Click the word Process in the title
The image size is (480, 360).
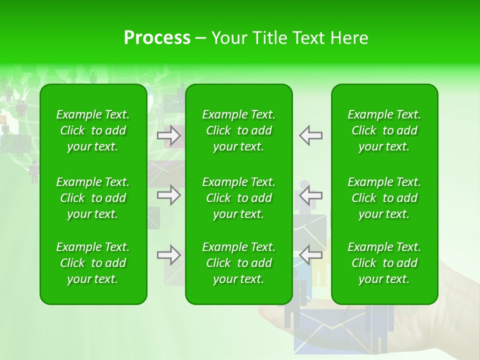157,38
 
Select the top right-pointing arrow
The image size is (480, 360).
169,135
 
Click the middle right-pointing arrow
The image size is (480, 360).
169,194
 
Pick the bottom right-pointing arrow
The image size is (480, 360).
169,255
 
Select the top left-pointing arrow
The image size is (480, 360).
311,135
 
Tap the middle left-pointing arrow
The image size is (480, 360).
311,194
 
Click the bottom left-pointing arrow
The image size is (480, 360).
311,255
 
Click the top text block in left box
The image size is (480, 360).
93,130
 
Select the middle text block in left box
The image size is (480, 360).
93,198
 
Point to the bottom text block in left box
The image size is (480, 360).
93,263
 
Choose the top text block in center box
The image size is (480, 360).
239,130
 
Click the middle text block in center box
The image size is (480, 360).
239,198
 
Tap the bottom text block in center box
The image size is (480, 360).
239,263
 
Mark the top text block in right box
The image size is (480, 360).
384,130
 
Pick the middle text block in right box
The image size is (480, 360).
384,198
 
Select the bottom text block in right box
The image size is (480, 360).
384,263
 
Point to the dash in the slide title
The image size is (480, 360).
200,39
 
